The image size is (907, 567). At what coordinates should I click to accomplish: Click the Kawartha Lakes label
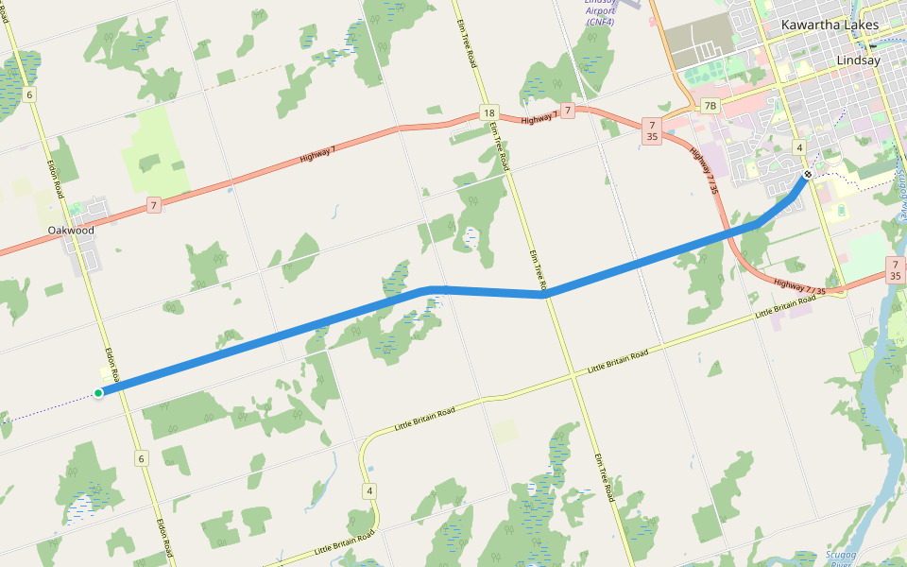[830, 25]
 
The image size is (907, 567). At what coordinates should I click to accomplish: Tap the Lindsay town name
[858, 60]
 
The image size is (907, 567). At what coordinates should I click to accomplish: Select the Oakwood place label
[72, 230]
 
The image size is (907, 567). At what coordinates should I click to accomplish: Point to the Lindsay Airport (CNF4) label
[600, 10]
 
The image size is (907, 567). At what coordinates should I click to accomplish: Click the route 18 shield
[488, 112]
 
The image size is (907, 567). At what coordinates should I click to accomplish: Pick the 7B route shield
[710, 105]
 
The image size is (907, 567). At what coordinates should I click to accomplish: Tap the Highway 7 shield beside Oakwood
[153, 204]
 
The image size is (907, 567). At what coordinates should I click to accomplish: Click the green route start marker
[98, 392]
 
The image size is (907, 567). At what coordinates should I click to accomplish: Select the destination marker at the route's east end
[808, 175]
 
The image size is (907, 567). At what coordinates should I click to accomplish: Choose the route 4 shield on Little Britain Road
[369, 490]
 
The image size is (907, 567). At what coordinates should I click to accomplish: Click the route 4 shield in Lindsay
[799, 147]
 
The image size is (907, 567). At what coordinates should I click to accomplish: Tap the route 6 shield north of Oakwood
[30, 94]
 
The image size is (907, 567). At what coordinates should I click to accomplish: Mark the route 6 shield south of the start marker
[142, 458]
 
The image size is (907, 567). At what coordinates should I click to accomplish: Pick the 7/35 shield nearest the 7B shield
[651, 130]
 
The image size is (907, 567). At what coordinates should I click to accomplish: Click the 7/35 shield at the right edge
[895, 269]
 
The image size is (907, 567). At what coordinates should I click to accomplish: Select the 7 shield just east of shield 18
[567, 111]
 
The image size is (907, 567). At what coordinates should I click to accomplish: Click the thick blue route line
[283, 336]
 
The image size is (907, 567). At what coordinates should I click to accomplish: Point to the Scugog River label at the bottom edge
[839, 558]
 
